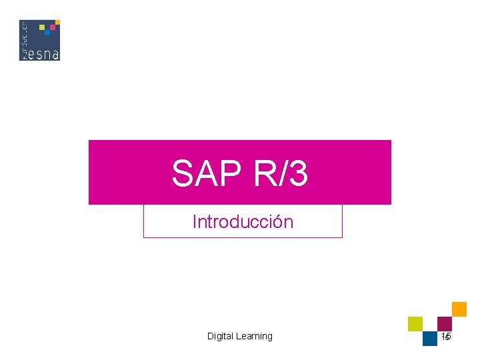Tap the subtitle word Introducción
[x=243, y=222]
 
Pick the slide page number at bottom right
[x=446, y=337]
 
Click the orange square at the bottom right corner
[x=459, y=309]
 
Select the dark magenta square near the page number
[x=445, y=323]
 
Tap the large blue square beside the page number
[x=430, y=339]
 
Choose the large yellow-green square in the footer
[x=415, y=324]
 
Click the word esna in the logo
[x=43, y=52]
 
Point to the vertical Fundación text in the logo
[x=24, y=40]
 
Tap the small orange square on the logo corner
[x=57, y=23]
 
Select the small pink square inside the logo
[x=53, y=28]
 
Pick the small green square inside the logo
[x=43, y=28]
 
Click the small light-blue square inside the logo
[x=48, y=33]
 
